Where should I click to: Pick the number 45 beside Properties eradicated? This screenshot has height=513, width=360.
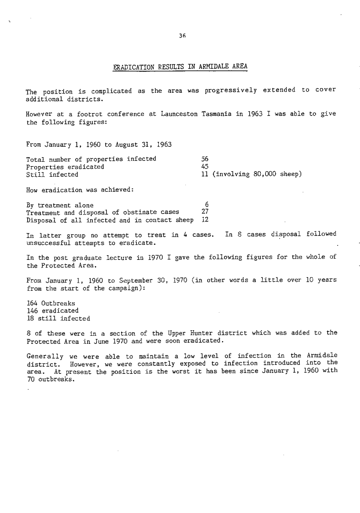204,166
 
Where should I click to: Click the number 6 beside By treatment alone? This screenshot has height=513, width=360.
206,205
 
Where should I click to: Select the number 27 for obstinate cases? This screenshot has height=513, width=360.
204,212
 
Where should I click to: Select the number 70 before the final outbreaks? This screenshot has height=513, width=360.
30,379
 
